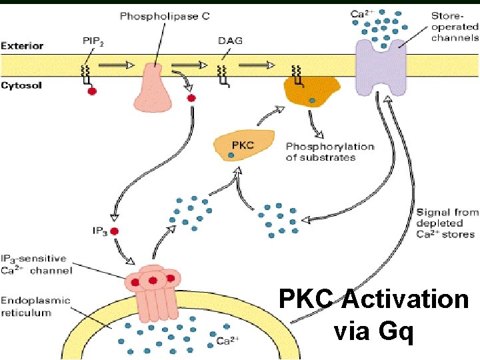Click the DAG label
(230, 41)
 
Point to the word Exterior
(23, 46)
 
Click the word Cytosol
(21, 85)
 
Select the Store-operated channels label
(454, 27)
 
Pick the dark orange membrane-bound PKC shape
(311, 91)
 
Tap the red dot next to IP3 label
(114, 232)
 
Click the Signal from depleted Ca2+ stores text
(447, 223)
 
